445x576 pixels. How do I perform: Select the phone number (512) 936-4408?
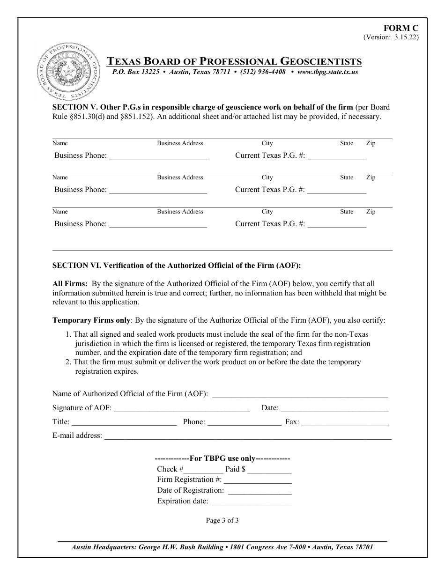click(x=263, y=72)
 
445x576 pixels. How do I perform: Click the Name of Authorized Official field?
click(x=300, y=395)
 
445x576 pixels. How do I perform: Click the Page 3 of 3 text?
click(x=222, y=520)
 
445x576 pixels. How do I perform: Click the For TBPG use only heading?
click(x=222, y=459)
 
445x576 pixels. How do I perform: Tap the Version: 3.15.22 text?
click(x=391, y=37)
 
